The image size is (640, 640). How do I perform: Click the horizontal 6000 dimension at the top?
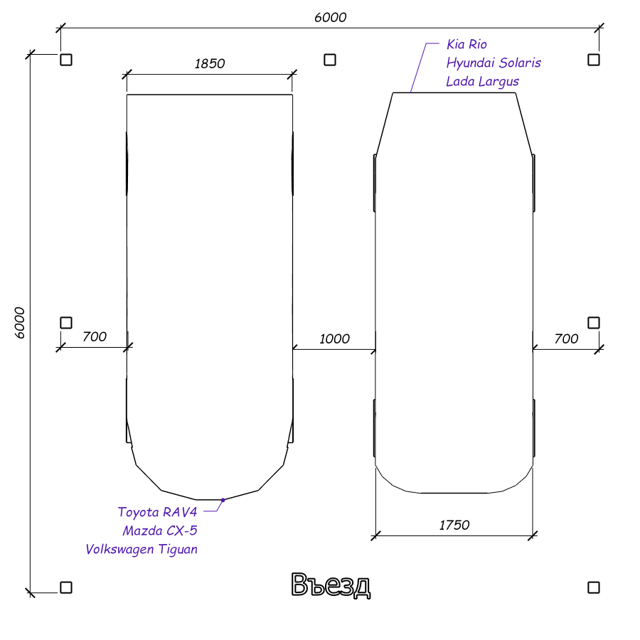pyautogui.click(x=330, y=18)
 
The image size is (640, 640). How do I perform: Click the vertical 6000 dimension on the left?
pyautogui.click(x=20, y=323)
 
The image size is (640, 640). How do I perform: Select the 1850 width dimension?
pyautogui.click(x=210, y=64)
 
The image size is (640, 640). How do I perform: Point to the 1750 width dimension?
pyautogui.click(x=454, y=525)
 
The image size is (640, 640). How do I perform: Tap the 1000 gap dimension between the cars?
pyautogui.click(x=334, y=338)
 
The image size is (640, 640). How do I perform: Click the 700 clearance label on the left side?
pyautogui.click(x=95, y=337)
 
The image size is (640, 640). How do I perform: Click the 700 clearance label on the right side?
pyautogui.click(x=566, y=338)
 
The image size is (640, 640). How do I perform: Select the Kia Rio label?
pyautogui.click(x=466, y=44)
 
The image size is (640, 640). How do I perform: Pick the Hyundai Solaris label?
pyautogui.click(x=494, y=63)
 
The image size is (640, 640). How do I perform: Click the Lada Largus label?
pyautogui.click(x=482, y=82)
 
